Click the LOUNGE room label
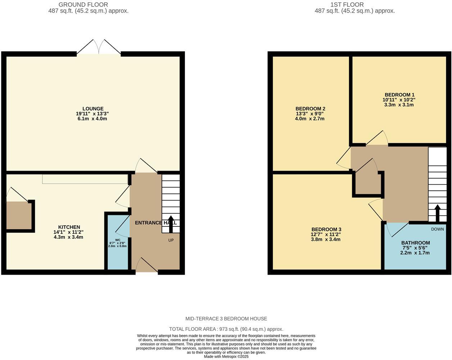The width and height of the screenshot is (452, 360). click(x=93, y=109)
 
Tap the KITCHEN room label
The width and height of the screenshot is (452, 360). click(x=69, y=227)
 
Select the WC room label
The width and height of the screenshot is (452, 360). click(x=118, y=240)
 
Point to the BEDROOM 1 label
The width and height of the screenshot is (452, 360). click(x=399, y=95)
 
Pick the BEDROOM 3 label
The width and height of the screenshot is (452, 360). click(x=326, y=229)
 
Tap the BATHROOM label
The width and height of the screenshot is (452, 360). click(x=415, y=243)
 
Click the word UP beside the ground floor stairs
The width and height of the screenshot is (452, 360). click(x=171, y=240)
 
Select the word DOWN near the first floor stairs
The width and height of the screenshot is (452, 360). click(x=437, y=229)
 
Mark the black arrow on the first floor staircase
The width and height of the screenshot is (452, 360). click(x=437, y=213)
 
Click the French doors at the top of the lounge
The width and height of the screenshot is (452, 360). click(x=99, y=48)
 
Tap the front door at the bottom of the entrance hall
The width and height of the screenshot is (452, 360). click(x=147, y=266)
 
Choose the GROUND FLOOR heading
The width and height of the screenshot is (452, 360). click(x=83, y=5)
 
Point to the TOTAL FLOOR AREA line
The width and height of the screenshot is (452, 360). click(x=226, y=329)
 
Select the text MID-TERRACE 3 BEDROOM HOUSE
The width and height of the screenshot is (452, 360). click(x=226, y=319)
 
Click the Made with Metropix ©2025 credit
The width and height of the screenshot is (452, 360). click(x=226, y=357)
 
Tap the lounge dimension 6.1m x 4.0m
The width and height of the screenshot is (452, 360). click(x=92, y=119)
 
